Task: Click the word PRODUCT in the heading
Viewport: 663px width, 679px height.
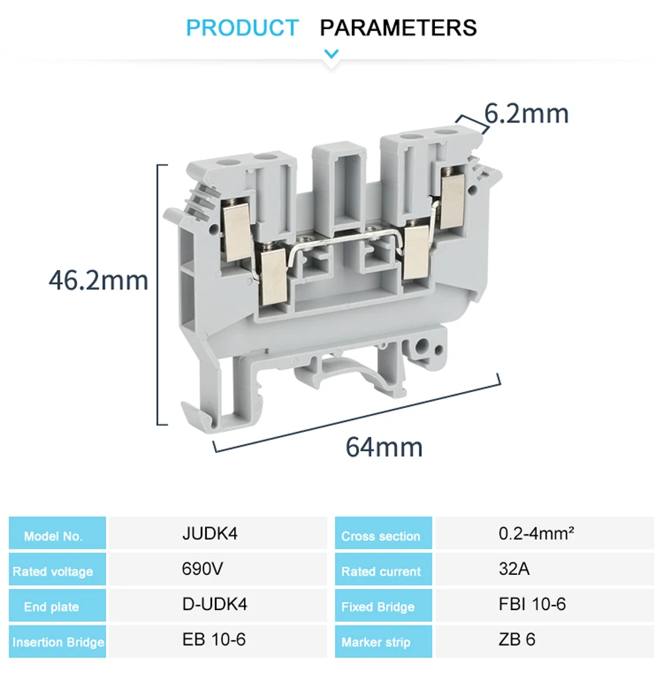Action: pos(242,28)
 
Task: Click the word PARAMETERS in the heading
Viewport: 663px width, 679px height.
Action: pos(398,28)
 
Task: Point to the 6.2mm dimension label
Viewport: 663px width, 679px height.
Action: pos(526,113)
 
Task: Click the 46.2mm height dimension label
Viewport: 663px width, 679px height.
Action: pos(98,280)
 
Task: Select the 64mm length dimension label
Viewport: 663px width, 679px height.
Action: pos(384,447)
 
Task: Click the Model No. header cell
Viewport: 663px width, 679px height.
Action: pos(57,533)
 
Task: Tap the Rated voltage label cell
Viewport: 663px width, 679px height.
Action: pos(57,569)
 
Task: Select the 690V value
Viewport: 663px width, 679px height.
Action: pos(202,568)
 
